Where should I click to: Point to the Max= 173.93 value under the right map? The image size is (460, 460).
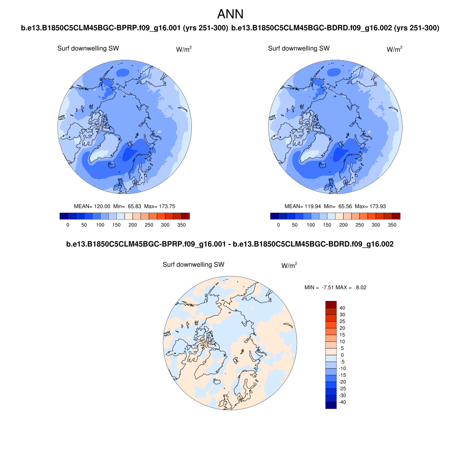pos(371,206)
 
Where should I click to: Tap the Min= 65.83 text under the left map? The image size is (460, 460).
pos(126,206)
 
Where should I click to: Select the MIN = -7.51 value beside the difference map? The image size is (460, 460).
pos(318,287)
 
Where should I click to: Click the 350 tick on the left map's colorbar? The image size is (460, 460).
pos(181,225)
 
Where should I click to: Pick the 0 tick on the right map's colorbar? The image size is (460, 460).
pos(279,225)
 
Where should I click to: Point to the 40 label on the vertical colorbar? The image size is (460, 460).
pos(342,308)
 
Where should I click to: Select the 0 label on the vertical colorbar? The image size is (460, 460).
pos(342,355)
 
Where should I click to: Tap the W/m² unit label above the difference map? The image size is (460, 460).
pos(289,265)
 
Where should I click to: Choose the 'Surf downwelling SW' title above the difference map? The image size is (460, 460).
pos(193,265)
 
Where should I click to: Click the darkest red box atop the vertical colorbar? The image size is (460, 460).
pos(331,304)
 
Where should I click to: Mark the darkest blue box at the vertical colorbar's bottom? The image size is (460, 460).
pos(331,405)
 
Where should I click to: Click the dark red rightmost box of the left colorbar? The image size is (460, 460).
pos(185,216)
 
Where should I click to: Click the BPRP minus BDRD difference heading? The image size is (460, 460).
pos(230,244)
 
